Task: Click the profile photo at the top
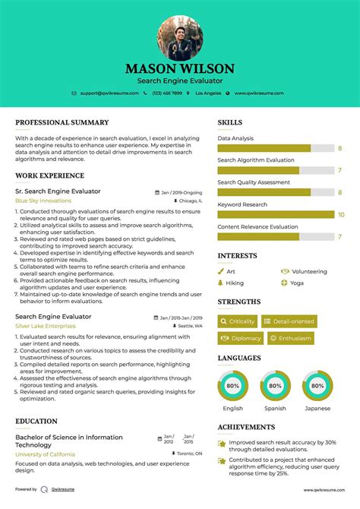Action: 180,39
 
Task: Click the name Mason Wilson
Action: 180,69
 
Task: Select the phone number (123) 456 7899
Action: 166,93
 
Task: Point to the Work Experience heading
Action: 49,175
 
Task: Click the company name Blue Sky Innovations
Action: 43,201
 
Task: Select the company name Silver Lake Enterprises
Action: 46,325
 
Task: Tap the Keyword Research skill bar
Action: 276,215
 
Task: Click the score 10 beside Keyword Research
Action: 341,215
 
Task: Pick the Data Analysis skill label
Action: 235,139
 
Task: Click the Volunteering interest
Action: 308,271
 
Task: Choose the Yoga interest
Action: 296,283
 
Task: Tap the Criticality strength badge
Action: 238,321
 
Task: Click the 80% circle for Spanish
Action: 276,386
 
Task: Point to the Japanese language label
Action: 317,408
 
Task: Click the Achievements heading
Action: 246,427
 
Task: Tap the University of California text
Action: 49,454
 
